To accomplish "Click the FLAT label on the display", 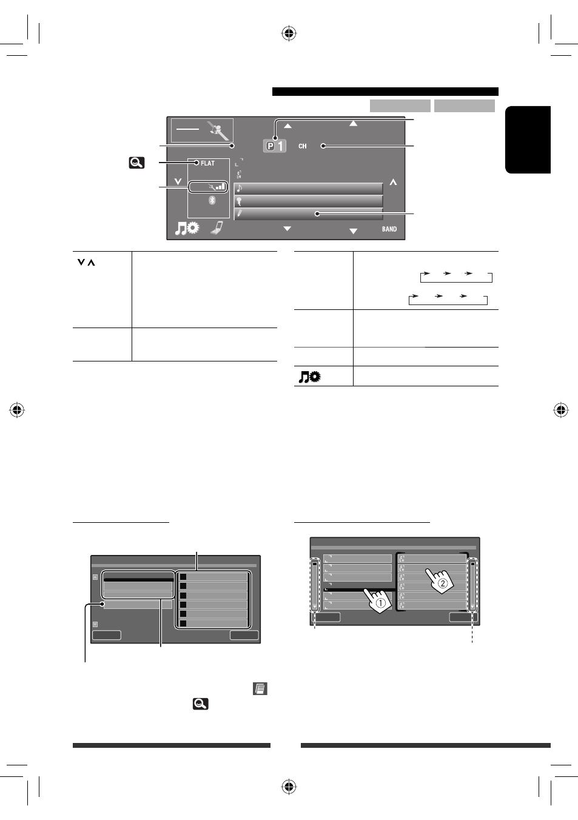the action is pos(207,163).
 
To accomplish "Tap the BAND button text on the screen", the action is pos(389,229).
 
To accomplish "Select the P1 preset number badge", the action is pos(275,146).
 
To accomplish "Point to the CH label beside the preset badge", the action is pos(303,146).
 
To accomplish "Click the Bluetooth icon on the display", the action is pos(212,200).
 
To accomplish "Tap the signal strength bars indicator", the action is pos(220,187).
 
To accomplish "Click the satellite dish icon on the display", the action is pos(218,130).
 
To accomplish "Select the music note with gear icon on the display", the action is pos(187,228).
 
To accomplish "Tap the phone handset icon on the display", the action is pos(218,227).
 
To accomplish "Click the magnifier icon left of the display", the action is pos(136,163).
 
